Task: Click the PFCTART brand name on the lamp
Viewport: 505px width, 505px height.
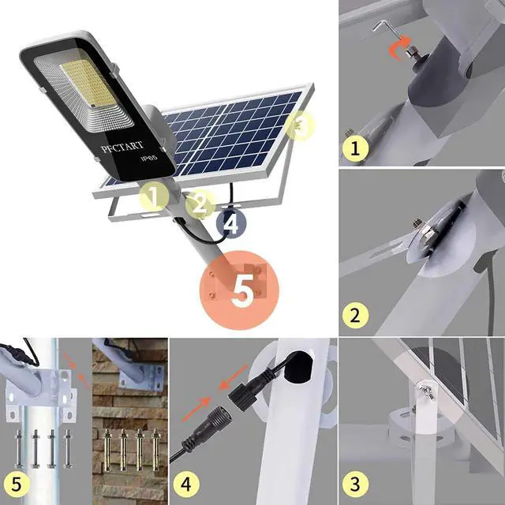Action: pyautogui.click(x=120, y=146)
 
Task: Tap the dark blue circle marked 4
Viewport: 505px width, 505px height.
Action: pyautogui.click(x=230, y=223)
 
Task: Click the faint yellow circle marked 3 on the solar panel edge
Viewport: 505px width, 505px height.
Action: pyautogui.click(x=301, y=125)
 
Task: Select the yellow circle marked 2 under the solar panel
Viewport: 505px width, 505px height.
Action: pyautogui.click(x=200, y=204)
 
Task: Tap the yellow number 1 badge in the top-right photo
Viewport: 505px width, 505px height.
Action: pyautogui.click(x=355, y=148)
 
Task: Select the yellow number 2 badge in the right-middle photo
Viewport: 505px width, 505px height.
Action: pyautogui.click(x=355, y=316)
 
